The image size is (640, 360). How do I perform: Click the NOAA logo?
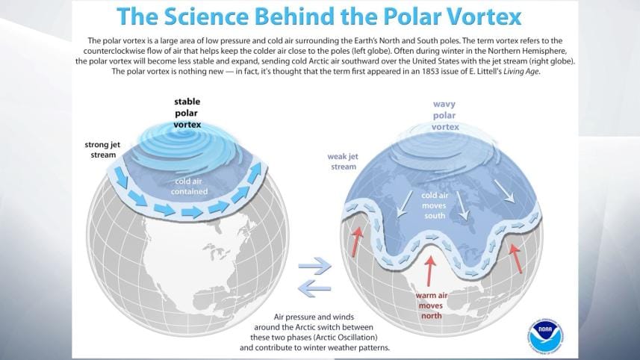[x=545, y=334]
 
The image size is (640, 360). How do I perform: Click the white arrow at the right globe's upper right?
[x=508, y=195]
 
